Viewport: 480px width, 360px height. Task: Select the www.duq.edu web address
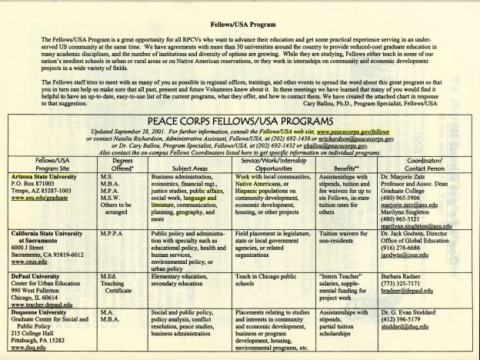tap(26, 355)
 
